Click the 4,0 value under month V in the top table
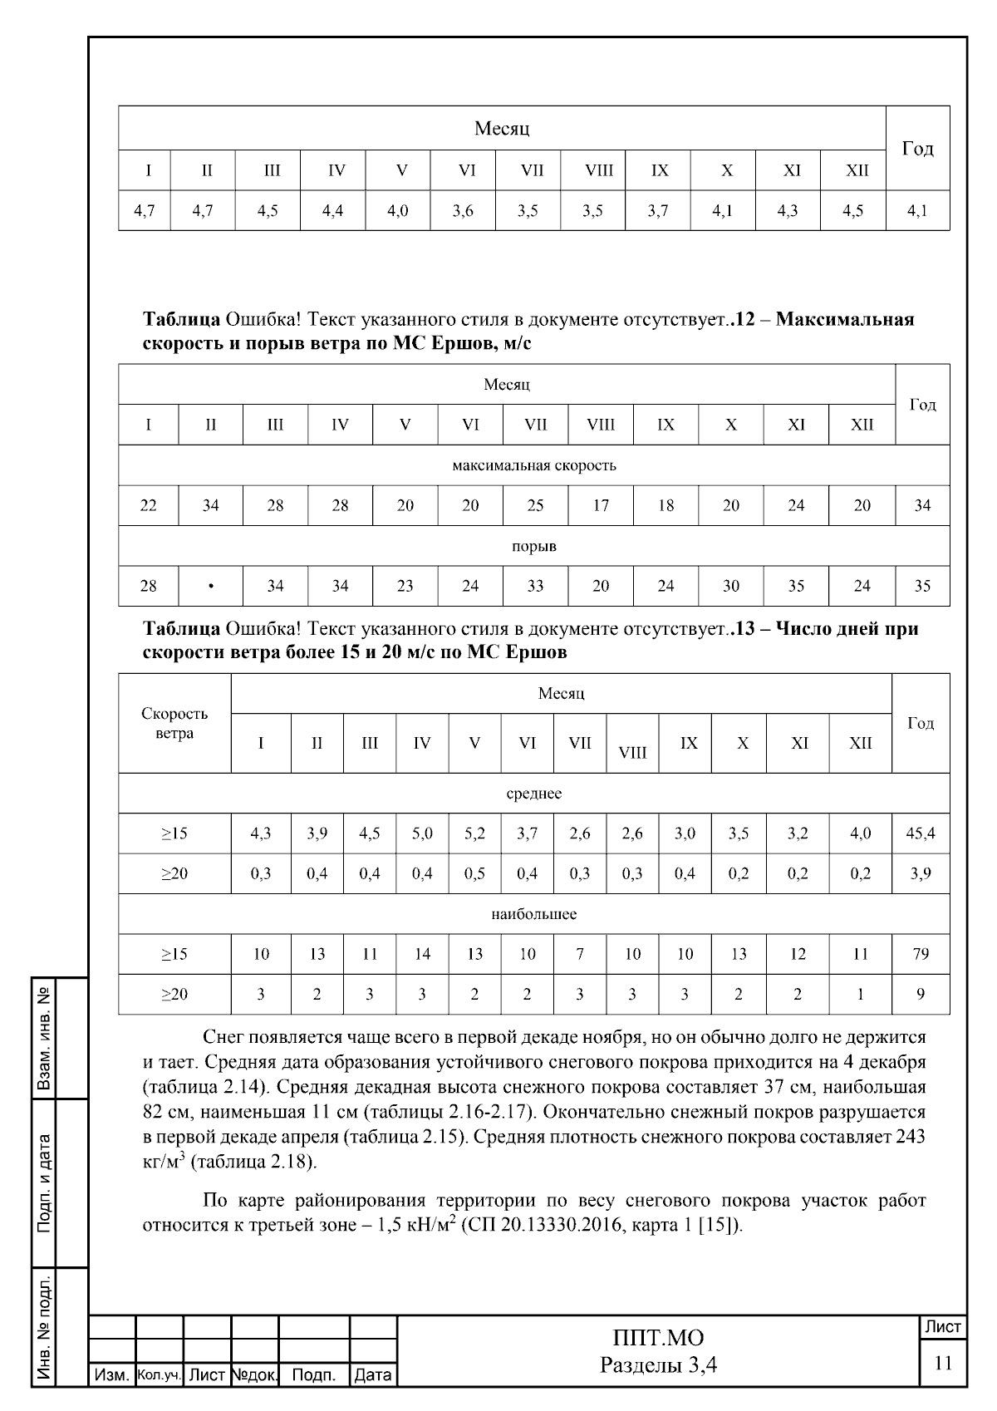398,211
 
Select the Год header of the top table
917,149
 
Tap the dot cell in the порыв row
211,587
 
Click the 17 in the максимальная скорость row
601,505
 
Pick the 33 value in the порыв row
535,587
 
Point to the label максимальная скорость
533,465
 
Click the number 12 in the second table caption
745,320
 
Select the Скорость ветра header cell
174,724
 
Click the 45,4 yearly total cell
921,833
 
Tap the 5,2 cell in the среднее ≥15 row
474,833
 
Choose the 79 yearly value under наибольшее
921,954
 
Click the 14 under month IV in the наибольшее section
422,954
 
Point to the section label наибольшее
533,914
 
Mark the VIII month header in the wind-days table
632,753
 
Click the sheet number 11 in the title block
943,1364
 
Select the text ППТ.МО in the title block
658,1338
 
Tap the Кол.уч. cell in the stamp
159,1375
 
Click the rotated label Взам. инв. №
43,1039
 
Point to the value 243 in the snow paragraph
910,1136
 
